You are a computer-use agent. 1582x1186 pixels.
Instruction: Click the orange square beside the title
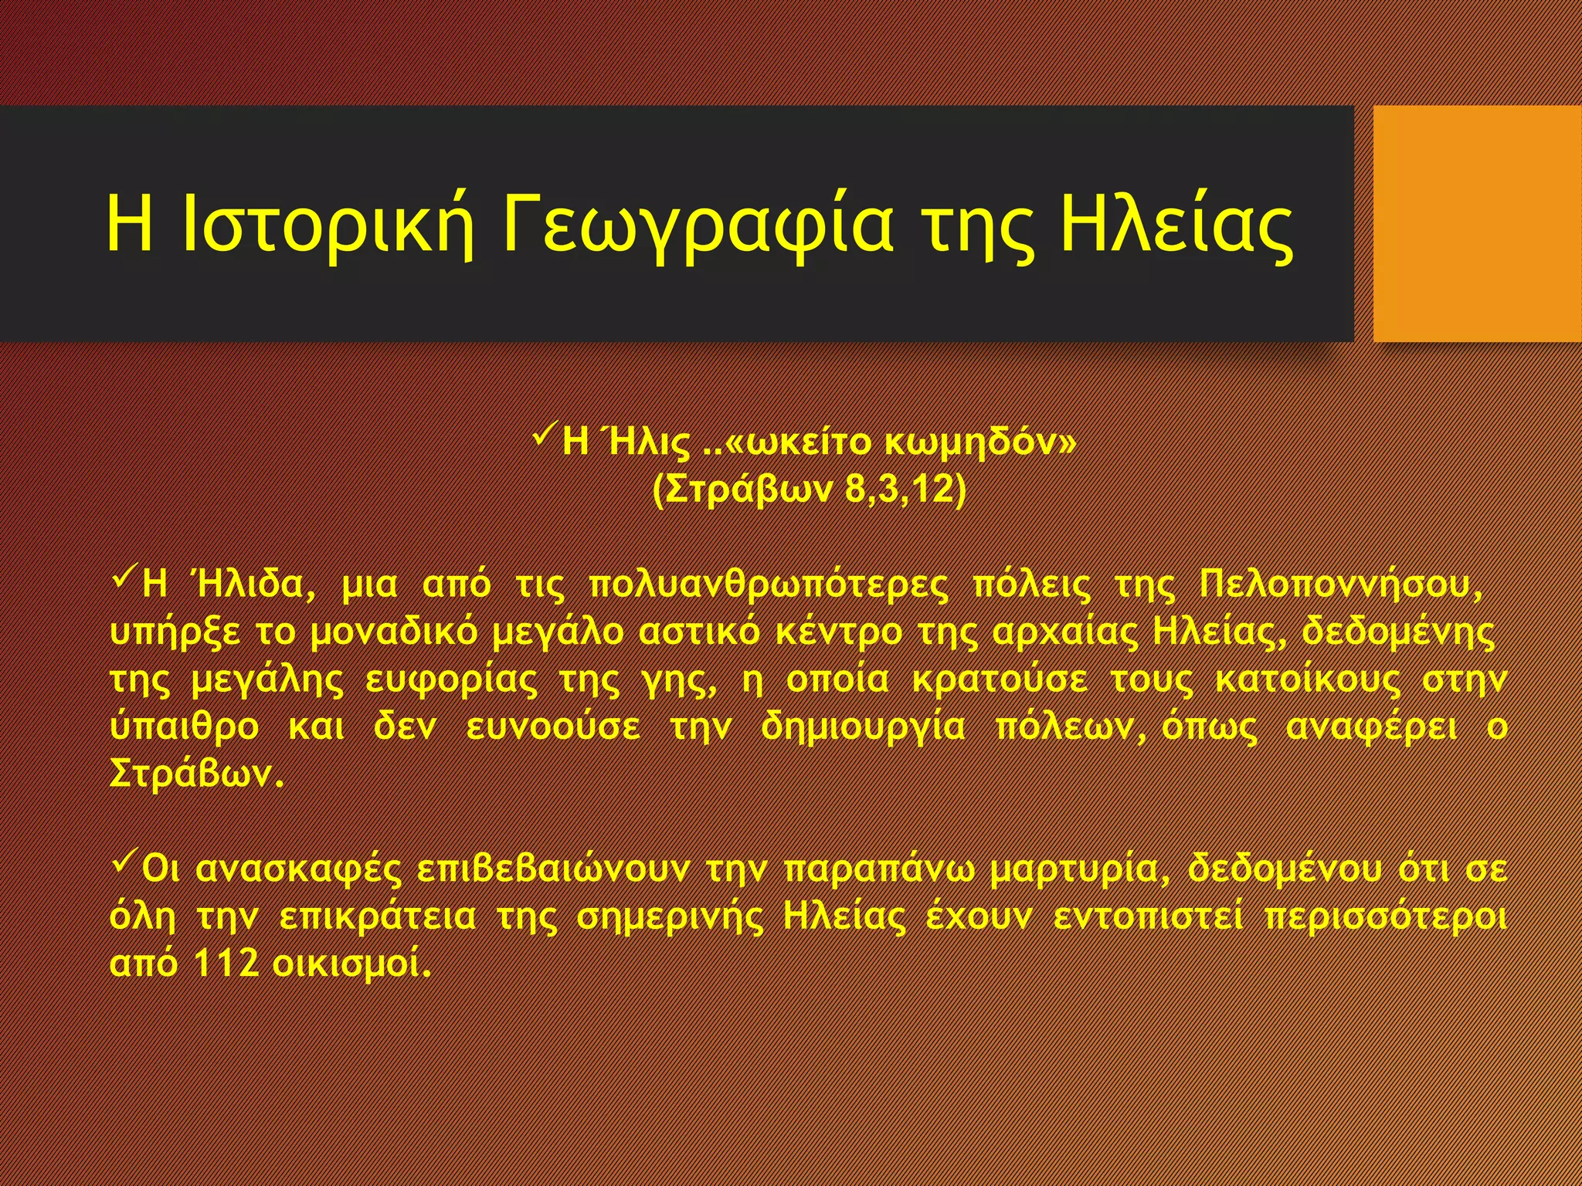(1477, 224)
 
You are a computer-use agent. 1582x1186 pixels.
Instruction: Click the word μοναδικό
(394, 632)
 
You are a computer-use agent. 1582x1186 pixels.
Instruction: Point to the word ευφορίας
(450, 680)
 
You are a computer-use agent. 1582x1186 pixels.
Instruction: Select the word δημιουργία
(863, 727)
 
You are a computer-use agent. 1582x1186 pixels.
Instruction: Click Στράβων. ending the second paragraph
(198, 774)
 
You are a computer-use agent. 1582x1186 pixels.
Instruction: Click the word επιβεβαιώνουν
(553, 869)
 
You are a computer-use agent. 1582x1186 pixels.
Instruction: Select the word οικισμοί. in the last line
(352, 964)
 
